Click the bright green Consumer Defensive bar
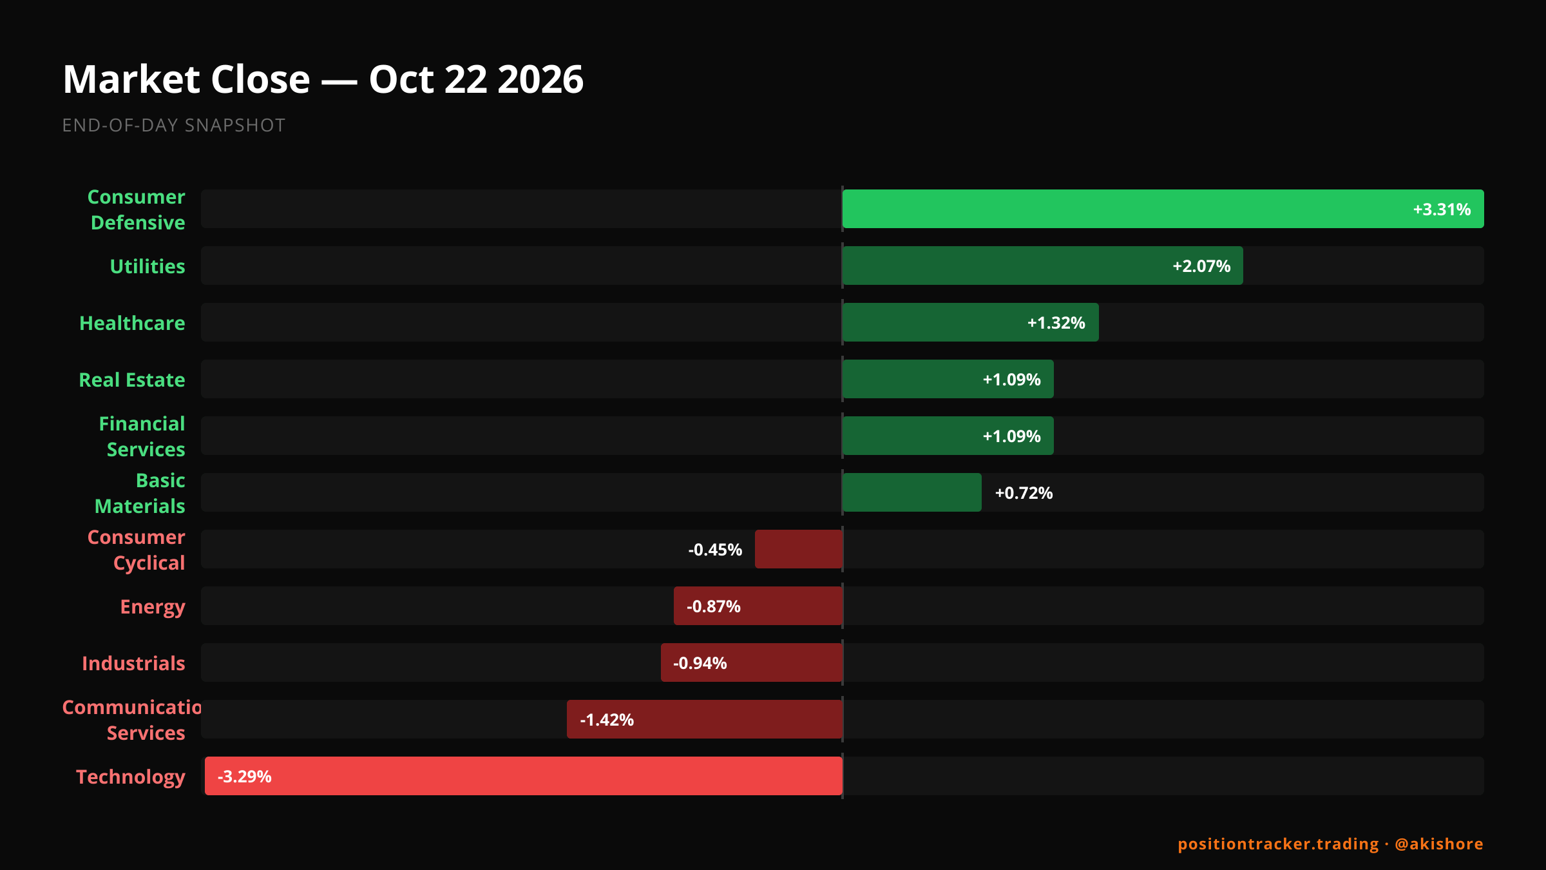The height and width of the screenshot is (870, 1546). tap(1163, 209)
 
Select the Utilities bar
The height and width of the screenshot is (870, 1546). tap(1042, 266)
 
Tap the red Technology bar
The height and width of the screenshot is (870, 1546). tap(523, 776)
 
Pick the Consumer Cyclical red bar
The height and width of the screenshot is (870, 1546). tap(799, 549)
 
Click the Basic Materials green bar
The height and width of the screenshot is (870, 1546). tap(912, 492)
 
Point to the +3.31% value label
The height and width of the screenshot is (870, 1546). tap(1442, 209)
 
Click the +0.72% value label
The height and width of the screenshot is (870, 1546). tap(1024, 493)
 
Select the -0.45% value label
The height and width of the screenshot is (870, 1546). tap(715, 550)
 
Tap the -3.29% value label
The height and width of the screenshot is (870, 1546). tap(244, 777)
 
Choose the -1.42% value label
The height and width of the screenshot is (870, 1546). tap(607, 720)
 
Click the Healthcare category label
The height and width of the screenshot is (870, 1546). tap(132, 323)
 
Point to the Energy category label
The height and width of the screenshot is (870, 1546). tap(153, 607)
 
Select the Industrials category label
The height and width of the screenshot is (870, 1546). tap(133, 663)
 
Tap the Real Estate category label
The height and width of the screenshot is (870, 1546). tap(132, 380)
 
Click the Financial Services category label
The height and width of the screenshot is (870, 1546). tap(142, 436)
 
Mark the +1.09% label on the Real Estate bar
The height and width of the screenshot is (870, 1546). tap(1011, 380)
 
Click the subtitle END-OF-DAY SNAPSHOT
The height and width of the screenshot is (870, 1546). tap(173, 125)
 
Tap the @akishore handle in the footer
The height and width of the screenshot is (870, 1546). tap(1439, 844)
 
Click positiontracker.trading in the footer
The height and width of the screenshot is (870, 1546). tap(1278, 844)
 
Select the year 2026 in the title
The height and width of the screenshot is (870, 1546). tap(540, 79)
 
